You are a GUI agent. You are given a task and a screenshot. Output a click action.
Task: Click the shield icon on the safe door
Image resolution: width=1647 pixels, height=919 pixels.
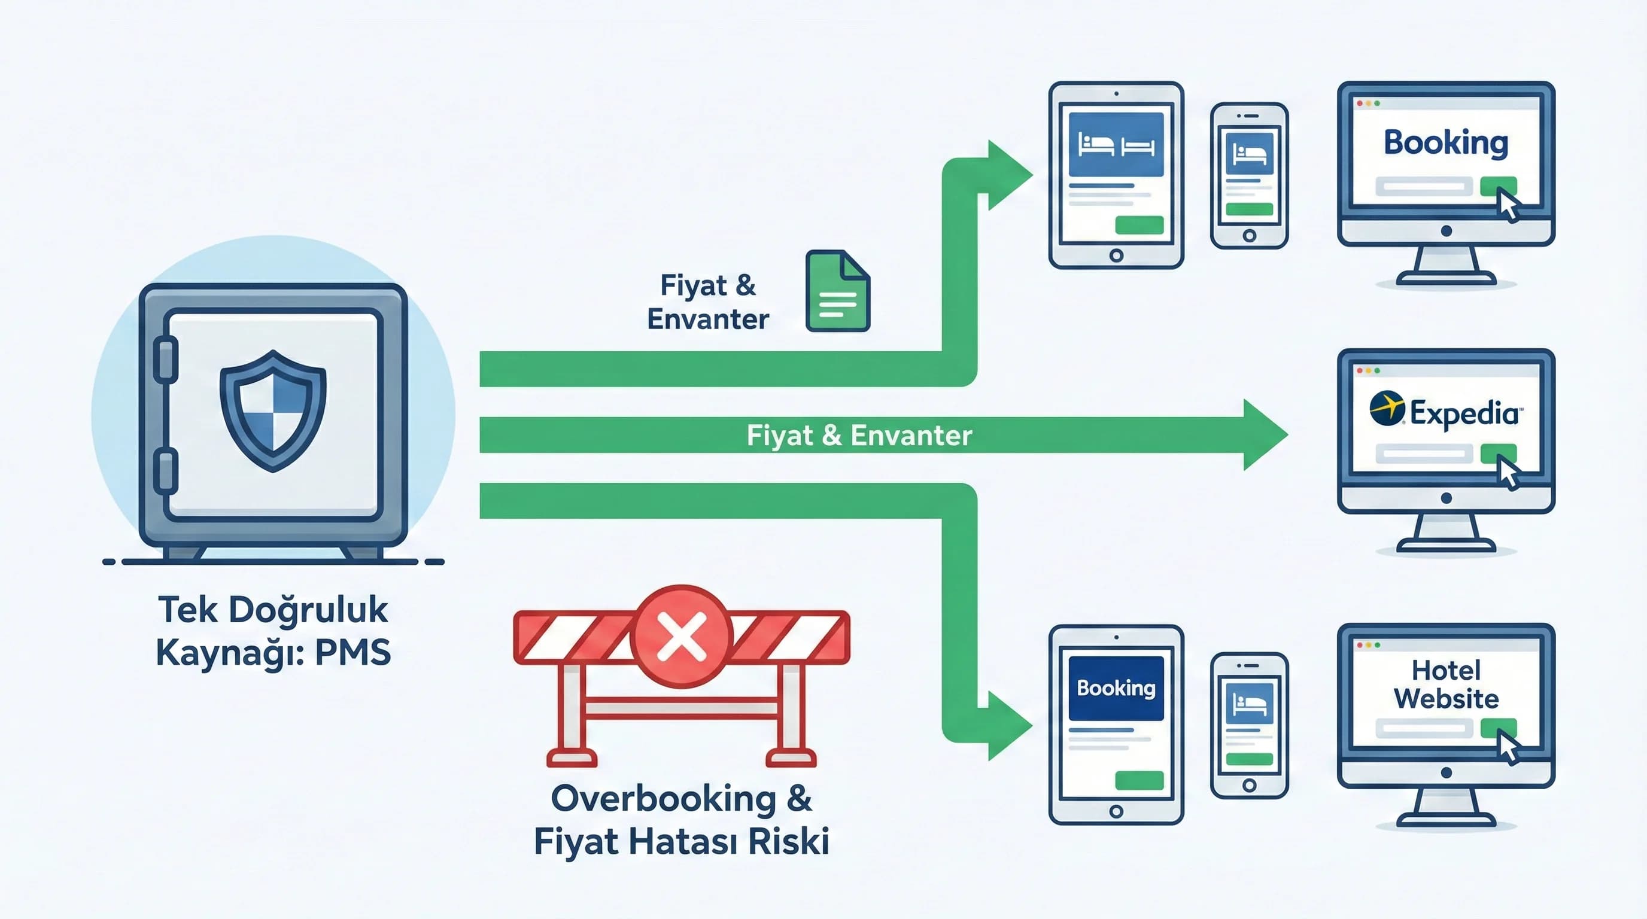point(273,410)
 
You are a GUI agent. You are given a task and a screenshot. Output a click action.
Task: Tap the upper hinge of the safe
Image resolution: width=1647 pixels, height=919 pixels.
point(166,359)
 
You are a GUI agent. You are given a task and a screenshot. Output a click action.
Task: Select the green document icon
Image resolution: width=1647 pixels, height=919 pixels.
point(837,291)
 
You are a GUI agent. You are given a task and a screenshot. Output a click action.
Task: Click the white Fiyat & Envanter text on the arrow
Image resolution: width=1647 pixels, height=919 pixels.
point(859,435)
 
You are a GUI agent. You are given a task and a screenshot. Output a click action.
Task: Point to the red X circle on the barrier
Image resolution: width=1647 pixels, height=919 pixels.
point(681,637)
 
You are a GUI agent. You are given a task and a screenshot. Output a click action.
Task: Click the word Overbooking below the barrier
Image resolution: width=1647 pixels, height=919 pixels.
point(663,799)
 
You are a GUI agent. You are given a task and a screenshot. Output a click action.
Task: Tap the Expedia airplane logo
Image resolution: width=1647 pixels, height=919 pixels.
point(1387,407)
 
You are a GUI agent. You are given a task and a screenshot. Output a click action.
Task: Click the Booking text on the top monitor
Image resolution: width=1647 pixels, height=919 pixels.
point(1445,142)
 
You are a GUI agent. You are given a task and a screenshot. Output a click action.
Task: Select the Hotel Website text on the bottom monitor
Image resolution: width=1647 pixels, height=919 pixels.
point(1445,684)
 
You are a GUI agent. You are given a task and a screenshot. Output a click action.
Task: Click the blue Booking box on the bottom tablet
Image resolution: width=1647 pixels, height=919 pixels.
point(1116,687)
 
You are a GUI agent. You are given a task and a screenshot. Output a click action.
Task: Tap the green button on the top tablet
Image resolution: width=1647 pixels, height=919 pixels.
point(1139,225)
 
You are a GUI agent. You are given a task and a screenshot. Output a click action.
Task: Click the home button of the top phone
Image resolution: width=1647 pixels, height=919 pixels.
point(1248,236)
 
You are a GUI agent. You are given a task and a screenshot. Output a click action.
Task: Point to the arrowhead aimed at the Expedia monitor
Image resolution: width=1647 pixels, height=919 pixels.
point(1265,435)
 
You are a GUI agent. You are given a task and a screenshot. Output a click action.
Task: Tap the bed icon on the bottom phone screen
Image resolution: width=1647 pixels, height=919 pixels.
point(1248,704)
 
